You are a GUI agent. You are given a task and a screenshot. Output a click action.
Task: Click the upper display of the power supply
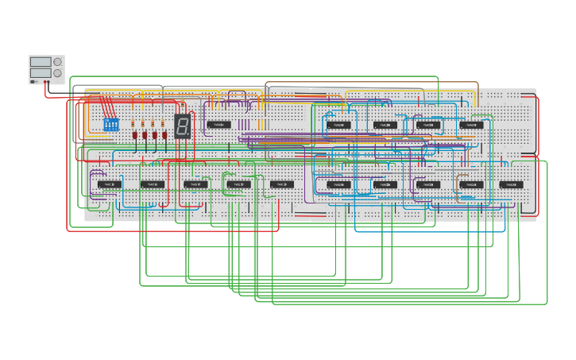pyautogui.click(x=40, y=61)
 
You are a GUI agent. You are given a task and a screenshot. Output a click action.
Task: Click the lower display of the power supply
pyautogui.click(x=40, y=72)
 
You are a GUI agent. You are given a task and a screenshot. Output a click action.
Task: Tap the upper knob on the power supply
pyautogui.click(x=57, y=61)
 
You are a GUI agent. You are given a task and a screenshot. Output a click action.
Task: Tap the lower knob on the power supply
pyautogui.click(x=57, y=73)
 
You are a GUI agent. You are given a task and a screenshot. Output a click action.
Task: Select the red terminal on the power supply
pyautogui.click(x=46, y=81)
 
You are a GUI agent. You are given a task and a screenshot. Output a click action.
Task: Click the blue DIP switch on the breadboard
pyautogui.click(x=110, y=126)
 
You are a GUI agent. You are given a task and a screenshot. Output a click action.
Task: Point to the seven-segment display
pyautogui.click(x=182, y=126)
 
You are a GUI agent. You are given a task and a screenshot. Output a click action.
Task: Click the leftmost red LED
pyautogui.click(x=134, y=136)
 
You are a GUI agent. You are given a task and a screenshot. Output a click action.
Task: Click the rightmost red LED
pyautogui.click(x=164, y=136)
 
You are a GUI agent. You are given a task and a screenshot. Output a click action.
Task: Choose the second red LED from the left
pyautogui.click(x=145, y=136)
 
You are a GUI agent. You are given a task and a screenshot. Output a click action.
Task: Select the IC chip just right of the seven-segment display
pyautogui.click(x=219, y=125)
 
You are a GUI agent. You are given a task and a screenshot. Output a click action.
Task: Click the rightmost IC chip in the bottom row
pyautogui.click(x=512, y=184)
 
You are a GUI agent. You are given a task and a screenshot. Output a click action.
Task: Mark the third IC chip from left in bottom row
pyautogui.click(x=195, y=184)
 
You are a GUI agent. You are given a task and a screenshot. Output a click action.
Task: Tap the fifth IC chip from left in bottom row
pyautogui.click(x=281, y=184)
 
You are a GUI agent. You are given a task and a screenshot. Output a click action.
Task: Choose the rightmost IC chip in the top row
pyautogui.click(x=471, y=125)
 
